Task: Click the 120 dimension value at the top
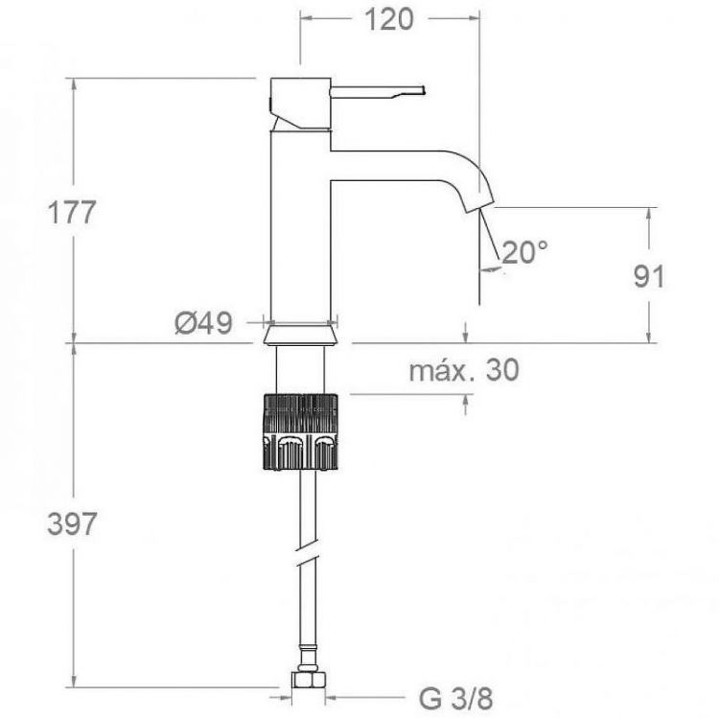click(x=389, y=18)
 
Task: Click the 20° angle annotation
click(x=525, y=252)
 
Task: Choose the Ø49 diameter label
click(x=203, y=323)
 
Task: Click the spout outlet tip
click(x=475, y=203)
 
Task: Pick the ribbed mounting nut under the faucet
click(x=301, y=430)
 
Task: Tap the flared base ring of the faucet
click(x=301, y=332)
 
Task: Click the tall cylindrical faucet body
click(x=299, y=230)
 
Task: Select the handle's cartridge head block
click(x=299, y=102)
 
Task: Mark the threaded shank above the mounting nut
click(x=301, y=368)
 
